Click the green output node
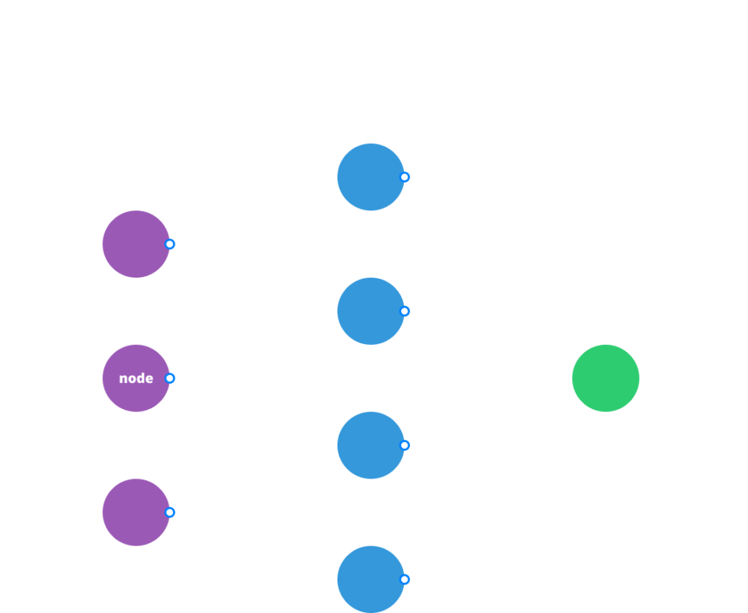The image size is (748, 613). tap(606, 378)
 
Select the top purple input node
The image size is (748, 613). tap(136, 244)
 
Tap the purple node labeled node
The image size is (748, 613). tap(136, 378)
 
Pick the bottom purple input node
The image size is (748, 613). tap(136, 512)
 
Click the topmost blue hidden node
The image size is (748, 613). tap(370, 177)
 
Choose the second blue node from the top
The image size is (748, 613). tap(370, 311)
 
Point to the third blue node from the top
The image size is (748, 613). tap(370, 445)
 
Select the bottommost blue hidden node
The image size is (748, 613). tap(370, 579)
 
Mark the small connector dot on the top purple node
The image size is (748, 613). tap(169, 244)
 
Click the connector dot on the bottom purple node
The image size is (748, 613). tap(169, 512)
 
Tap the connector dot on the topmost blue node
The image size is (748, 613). tap(404, 177)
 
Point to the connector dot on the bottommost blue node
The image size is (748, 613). tap(404, 579)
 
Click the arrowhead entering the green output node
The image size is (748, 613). tap(566, 378)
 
